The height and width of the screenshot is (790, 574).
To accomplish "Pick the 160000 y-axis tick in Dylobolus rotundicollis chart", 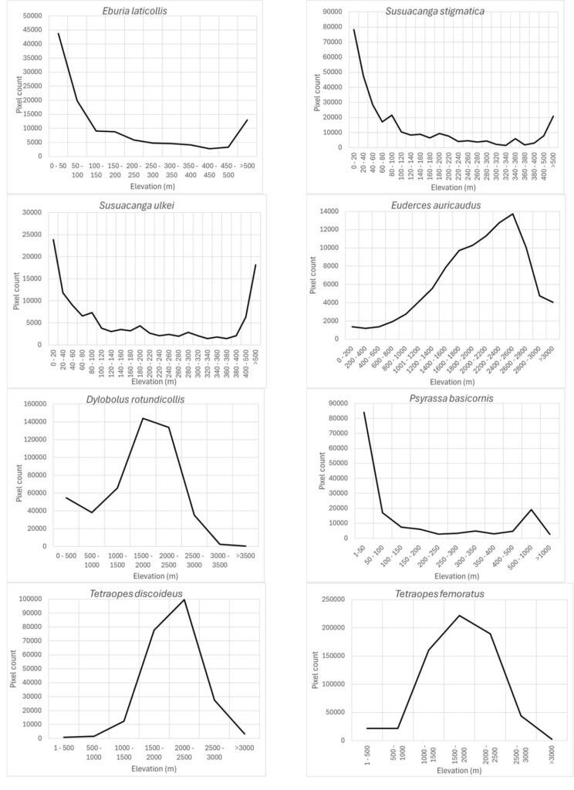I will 31,402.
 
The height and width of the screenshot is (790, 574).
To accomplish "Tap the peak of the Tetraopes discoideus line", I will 184,599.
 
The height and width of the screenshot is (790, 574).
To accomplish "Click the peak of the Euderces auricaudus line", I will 512,214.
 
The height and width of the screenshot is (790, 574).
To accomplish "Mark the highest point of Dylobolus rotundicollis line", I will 143,418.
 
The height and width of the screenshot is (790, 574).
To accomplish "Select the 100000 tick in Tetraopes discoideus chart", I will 31,599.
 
